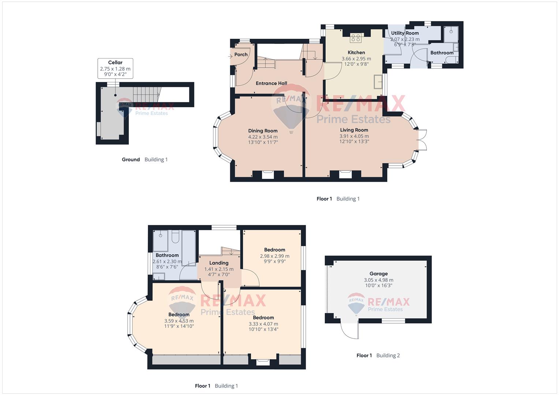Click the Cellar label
[x=115, y=62]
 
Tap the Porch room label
[x=241, y=54]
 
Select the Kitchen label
[x=356, y=52]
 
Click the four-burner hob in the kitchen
[x=355, y=38]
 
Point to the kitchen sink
[x=378, y=82]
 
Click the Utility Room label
[x=405, y=33]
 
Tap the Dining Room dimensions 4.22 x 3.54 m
[x=263, y=137]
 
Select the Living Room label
[x=354, y=130]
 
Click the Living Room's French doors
[x=422, y=140]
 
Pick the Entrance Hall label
[x=271, y=83]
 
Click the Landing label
[x=219, y=263]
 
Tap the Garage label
[x=378, y=274]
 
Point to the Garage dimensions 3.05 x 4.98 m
[x=378, y=280]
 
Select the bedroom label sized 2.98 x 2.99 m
[x=275, y=249]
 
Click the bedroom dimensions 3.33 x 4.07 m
[x=263, y=324]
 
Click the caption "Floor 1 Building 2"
[x=378, y=355]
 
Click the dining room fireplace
[x=268, y=174]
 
